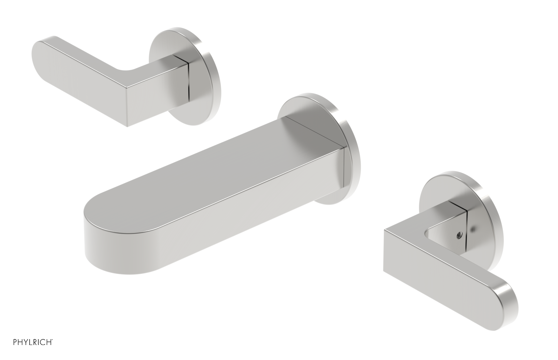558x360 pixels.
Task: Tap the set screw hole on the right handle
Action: (x=458, y=235)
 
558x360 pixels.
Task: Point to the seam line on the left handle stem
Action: (x=188, y=80)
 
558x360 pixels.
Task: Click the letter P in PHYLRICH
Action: (x=15, y=342)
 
